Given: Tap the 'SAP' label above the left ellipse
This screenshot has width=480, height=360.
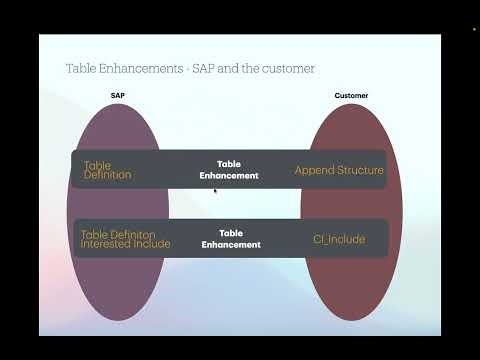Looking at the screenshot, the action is [116, 96].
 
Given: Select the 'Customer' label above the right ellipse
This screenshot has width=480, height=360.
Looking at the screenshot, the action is [350, 96].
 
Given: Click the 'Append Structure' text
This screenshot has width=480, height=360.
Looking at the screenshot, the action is [339, 170].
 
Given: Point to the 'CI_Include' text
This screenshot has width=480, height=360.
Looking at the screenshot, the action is [339, 239].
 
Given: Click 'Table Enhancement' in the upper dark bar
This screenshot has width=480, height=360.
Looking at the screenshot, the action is [229, 169].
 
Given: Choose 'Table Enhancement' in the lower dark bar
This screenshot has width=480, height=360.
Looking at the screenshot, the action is [231, 238].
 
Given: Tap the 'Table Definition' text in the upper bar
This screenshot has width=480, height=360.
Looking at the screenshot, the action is [107, 170].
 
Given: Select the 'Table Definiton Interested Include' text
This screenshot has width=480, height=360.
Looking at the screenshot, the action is [125, 238].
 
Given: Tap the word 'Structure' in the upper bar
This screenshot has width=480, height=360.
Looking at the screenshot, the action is [361, 170].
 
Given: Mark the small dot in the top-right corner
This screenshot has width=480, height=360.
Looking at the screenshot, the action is [473, 30].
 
